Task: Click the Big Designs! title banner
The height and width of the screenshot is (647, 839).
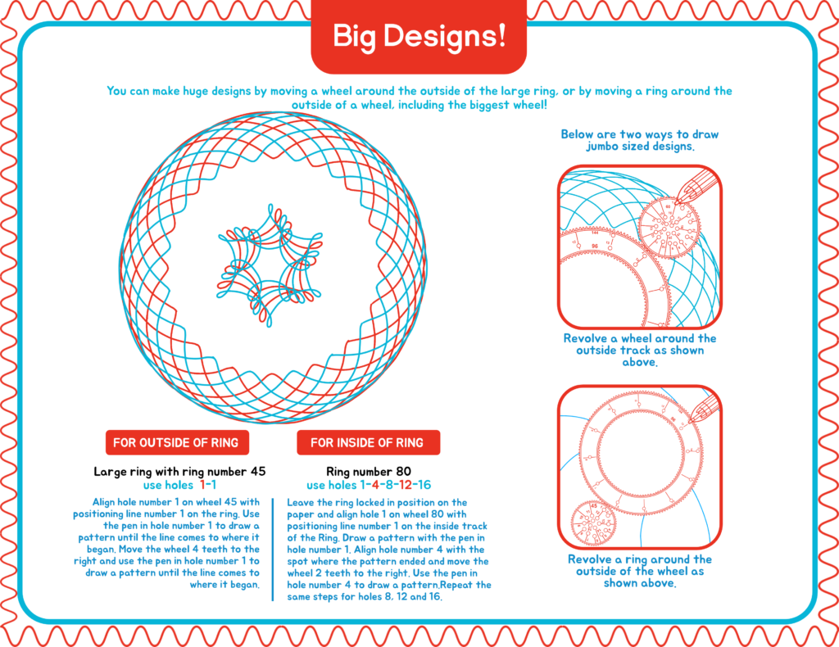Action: tap(419, 35)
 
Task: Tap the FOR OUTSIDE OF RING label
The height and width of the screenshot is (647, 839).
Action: tap(177, 442)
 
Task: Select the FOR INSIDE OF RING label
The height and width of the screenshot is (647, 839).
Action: tap(368, 442)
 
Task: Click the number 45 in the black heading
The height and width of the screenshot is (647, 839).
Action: tap(258, 472)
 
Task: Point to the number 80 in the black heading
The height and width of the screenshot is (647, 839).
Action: tap(403, 472)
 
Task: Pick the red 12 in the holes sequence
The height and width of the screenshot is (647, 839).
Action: tap(406, 485)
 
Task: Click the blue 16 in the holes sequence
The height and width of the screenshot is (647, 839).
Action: tap(424, 485)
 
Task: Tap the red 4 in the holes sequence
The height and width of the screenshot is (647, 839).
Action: tap(375, 485)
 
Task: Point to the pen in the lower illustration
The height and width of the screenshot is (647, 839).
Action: tap(705, 409)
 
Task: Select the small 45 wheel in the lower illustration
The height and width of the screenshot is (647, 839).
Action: tap(594, 523)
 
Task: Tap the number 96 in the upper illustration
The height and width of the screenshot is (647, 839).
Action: tap(595, 246)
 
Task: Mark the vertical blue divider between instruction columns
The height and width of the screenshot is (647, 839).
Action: tap(273, 550)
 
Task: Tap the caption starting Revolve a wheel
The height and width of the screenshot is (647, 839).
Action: tap(639, 351)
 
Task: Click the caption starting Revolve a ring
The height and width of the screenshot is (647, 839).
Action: tap(639, 571)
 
